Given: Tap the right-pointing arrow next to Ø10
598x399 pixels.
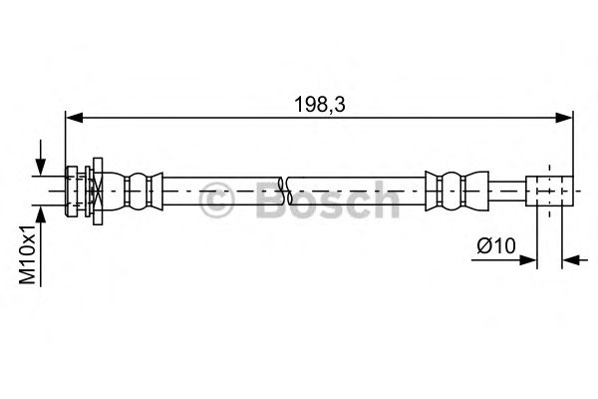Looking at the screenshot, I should (x=528, y=260).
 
